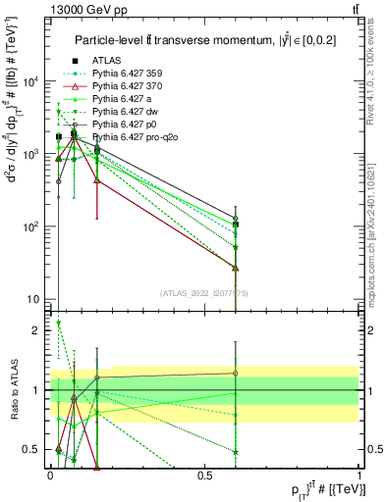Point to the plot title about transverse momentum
pos(196,39)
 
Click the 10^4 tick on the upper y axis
pos(31,81)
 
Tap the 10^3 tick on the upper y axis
pos(31,154)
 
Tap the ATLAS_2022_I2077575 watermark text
pos(204,293)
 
